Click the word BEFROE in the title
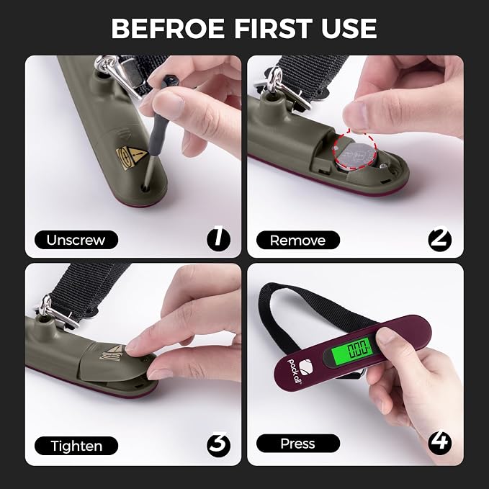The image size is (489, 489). pyautogui.click(x=168, y=28)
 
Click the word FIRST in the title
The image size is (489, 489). pyautogui.click(x=273, y=28)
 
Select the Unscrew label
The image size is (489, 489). pyautogui.click(x=76, y=240)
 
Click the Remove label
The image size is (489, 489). pyautogui.click(x=298, y=240)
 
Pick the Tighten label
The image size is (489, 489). pyautogui.click(x=76, y=446)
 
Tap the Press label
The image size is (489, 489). pyautogui.click(x=298, y=443)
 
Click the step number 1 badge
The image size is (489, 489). pyautogui.click(x=219, y=239)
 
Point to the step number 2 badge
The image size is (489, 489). pyautogui.click(x=440, y=239)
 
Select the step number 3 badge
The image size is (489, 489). pyautogui.click(x=219, y=445)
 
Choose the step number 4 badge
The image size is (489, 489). pyautogui.click(x=440, y=443)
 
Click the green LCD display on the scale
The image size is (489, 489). pyautogui.click(x=352, y=350)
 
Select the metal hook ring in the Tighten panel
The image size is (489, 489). pyautogui.click(x=46, y=305)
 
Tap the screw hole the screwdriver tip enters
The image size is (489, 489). pyautogui.click(x=145, y=188)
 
